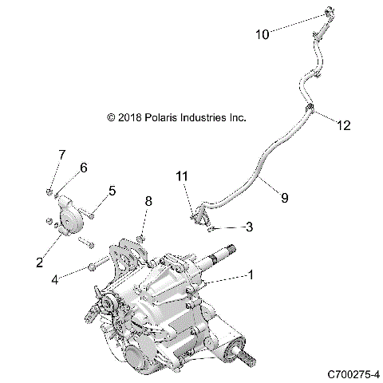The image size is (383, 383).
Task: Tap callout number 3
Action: [x=249, y=227]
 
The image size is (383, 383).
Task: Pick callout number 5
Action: [x=113, y=191]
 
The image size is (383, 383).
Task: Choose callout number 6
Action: [x=83, y=167]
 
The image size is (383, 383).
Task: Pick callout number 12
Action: [x=342, y=125]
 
